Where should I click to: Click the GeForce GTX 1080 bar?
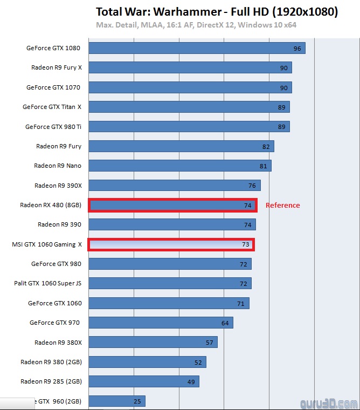coord(197,48)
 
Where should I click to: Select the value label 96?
coord(297,49)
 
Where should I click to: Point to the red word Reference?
coord(282,205)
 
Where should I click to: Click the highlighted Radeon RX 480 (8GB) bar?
coord(172,205)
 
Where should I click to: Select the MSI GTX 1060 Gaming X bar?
coord(171,244)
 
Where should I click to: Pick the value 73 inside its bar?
coord(245,244)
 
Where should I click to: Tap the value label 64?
coord(225,323)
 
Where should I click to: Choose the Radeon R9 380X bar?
coord(153,342)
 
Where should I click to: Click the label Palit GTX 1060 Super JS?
coord(47,283)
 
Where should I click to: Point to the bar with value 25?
coord(116,401)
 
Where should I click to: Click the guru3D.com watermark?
coord(329,403)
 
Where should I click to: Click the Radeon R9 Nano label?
coord(58,166)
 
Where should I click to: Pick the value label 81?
coord(263,166)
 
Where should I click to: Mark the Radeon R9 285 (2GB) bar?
coord(143,381)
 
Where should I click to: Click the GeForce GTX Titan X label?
coord(52,107)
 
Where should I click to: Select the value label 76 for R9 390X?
coord(252,186)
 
